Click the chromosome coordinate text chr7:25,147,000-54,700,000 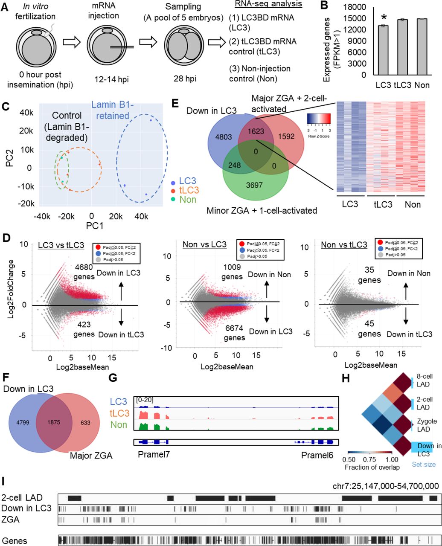386,485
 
